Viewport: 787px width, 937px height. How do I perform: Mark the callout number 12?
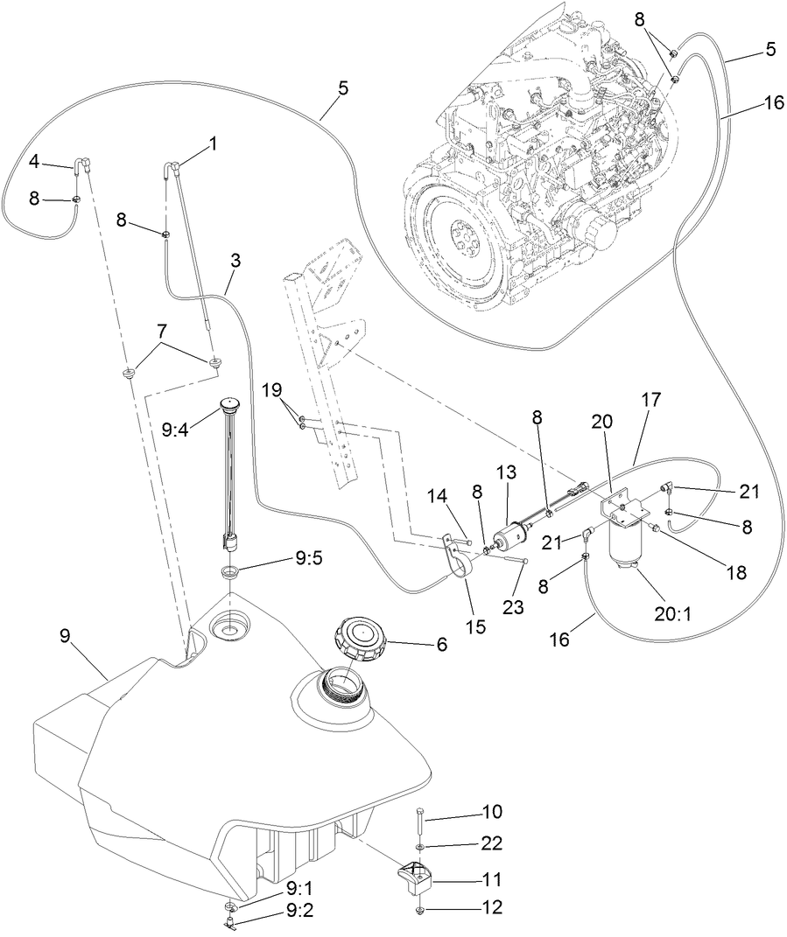(x=491, y=908)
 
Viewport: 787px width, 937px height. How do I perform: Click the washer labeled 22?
(x=420, y=848)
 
